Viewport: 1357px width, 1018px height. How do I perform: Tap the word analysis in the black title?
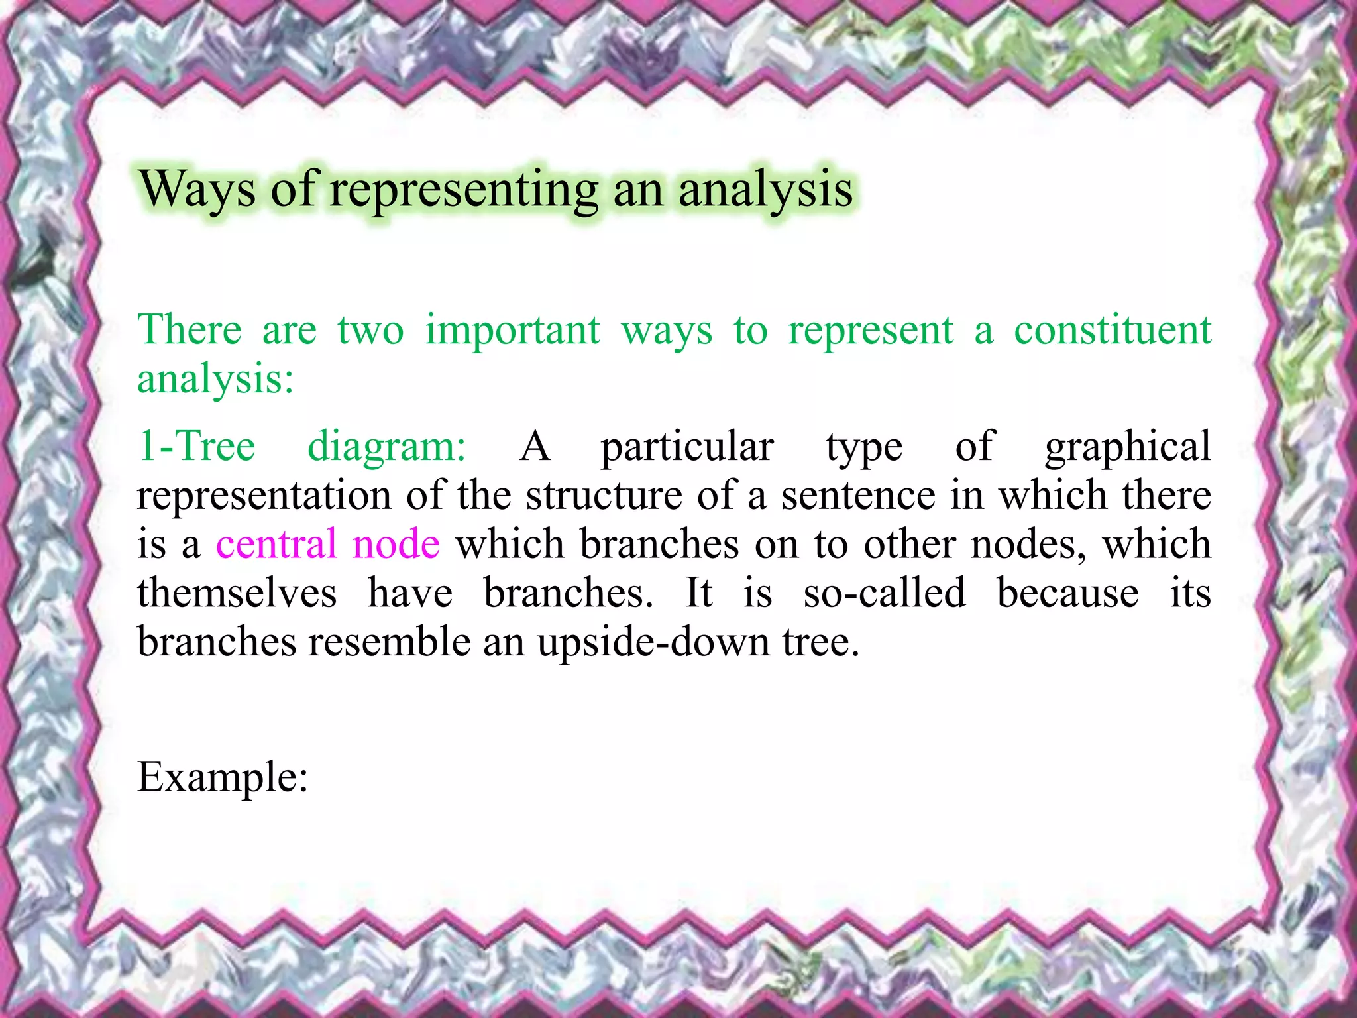(765, 190)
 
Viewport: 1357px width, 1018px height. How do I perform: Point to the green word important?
(512, 330)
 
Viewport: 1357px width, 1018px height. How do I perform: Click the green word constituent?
(1113, 330)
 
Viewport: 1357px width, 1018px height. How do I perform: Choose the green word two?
(370, 330)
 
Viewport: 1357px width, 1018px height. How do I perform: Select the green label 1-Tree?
(196, 446)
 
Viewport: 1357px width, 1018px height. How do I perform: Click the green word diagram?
(387, 446)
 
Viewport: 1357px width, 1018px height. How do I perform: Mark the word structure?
(604, 495)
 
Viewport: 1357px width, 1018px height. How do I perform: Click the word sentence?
(858, 495)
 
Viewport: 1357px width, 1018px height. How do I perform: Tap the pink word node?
(396, 544)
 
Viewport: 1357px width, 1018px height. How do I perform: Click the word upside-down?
(653, 643)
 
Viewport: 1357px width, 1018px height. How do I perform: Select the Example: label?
(223, 777)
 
